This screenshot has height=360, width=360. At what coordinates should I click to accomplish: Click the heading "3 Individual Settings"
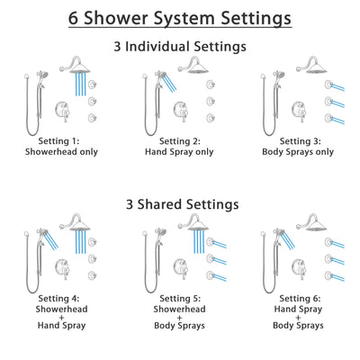pos(180,45)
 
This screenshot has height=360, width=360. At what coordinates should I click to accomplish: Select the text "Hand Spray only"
pos(180,152)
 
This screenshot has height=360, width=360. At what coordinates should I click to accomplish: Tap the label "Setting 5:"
pos(180,298)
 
